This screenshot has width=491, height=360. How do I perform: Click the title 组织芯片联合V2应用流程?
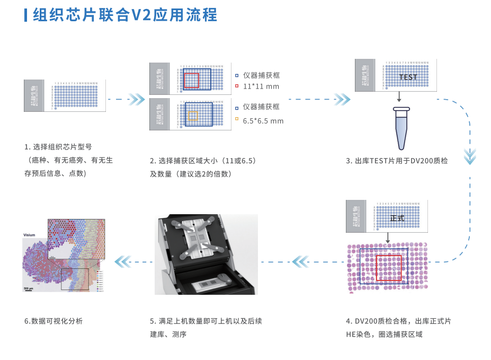coord(125,15)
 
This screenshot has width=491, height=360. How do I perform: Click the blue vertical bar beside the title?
coord(26,15)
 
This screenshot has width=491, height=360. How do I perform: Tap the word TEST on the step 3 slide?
coord(408,77)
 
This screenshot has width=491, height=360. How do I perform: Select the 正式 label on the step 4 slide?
coord(397,218)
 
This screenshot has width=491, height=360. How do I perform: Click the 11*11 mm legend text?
coord(261,86)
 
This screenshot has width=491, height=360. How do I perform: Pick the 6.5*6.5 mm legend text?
coord(263,121)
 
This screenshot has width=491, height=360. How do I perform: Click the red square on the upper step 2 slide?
coord(191,80)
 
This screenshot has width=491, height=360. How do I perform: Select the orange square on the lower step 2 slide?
coord(193,116)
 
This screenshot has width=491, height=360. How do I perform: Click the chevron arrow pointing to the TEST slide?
coord(342,99)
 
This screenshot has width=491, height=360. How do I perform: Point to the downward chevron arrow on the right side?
coord(470,156)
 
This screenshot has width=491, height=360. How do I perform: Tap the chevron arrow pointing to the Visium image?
coord(123,261)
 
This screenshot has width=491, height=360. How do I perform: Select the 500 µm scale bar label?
coord(29,288)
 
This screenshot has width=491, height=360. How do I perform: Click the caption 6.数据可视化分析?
coord(53,321)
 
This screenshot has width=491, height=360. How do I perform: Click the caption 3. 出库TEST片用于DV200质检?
coord(397,161)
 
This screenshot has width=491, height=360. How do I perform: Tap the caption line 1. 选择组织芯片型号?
coord(58,147)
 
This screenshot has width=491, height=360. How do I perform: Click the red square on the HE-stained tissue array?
coord(388,268)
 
